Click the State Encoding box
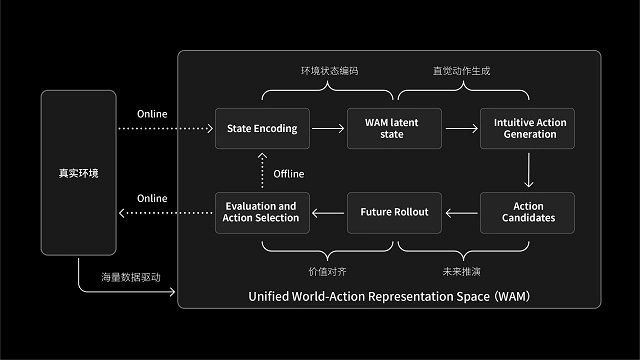click(263, 128)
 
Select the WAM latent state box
click(395, 128)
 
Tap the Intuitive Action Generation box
click(529, 128)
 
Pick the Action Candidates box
click(529, 212)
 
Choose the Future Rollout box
click(395, 212)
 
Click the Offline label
click(289, 173)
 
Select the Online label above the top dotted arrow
click(152, 113)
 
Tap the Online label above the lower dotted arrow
click(152, 198)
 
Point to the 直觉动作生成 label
click(461, 72)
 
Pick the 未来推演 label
click(461, 270)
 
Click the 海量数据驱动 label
click(130, 276)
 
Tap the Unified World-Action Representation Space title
click(389, 298)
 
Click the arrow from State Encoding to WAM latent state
click(329, 128)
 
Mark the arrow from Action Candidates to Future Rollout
click(462, 212)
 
